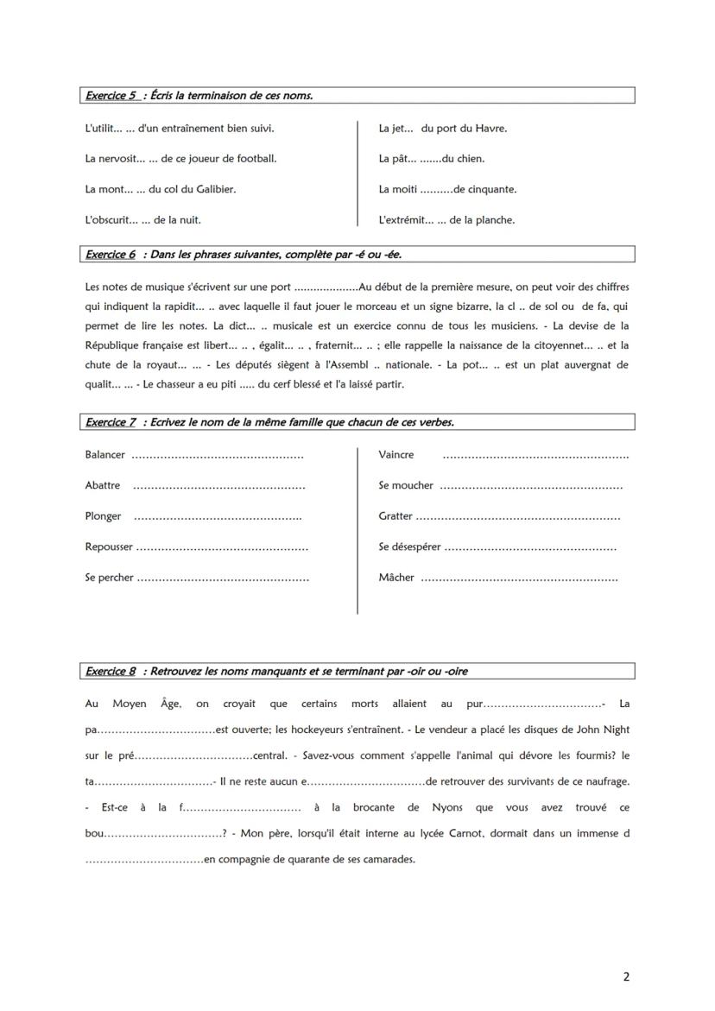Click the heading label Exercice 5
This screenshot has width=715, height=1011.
coord(111,96)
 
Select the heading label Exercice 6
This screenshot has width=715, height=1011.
coord(111,255)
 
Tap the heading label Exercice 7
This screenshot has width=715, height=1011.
coord(111,422)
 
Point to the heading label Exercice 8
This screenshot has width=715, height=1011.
coord(111,671)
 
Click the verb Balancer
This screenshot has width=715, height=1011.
coord(104,454)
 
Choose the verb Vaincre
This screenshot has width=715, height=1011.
coord(395,454)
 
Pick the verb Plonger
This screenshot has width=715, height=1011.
coord(103,516)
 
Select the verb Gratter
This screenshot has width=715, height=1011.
coord(395,516)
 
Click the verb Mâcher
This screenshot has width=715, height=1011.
coord(396,578)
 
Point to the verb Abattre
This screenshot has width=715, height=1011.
coord(103,485)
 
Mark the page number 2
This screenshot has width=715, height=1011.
coord(626,977)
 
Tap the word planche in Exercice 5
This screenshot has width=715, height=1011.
coord(496,220)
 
